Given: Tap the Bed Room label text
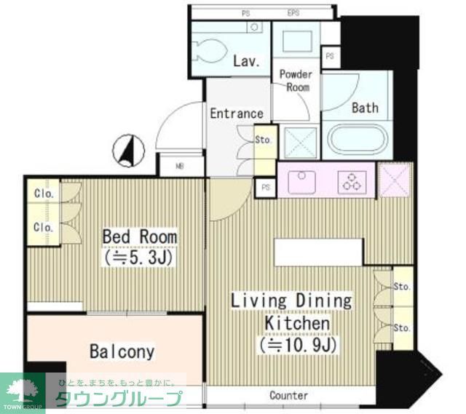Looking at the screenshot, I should tap(139, 237).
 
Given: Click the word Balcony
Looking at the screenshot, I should tap(122, 352).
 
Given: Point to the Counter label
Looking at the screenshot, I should tap(289, 396).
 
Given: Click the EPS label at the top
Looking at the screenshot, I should tap(293, 13).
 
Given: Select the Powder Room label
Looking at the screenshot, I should tap(296, 81).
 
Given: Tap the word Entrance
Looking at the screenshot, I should tap(236, 114).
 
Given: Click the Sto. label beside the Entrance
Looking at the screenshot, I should tap(264, 140).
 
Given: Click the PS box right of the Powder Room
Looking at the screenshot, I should tap(330, 56).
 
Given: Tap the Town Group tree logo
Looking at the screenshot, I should tap(23, 389).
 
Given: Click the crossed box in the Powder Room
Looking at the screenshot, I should tap(299, 140).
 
